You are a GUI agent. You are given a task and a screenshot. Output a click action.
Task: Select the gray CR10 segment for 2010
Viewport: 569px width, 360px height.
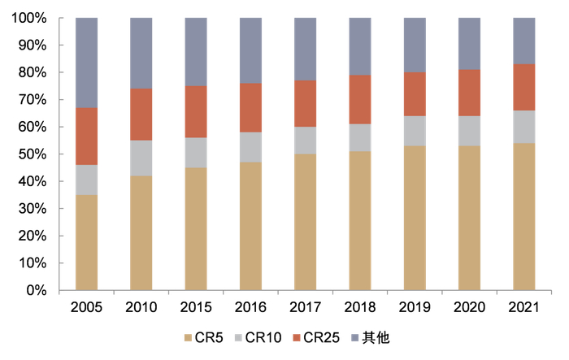141,158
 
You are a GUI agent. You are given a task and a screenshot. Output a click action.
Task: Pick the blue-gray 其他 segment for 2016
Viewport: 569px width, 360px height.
250,50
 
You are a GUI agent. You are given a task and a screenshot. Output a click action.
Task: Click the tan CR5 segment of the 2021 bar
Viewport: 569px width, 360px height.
523,216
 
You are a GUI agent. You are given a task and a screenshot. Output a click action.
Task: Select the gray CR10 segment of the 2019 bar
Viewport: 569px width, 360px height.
415,131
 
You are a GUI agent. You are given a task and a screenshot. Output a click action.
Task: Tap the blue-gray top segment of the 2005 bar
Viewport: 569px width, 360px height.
86,63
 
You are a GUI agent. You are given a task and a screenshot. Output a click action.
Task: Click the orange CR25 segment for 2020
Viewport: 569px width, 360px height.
469,93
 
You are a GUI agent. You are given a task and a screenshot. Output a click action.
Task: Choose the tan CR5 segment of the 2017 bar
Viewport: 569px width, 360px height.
305,222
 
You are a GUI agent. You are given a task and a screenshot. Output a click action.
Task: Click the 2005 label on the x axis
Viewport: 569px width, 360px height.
86,307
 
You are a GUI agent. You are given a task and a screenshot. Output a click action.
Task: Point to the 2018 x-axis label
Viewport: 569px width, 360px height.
360,307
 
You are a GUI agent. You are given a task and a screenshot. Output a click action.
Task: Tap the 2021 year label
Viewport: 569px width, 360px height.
523,307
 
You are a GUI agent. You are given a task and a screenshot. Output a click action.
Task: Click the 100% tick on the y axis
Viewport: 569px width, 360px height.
29,18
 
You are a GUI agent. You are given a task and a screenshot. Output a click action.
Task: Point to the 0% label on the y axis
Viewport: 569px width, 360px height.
36,290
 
